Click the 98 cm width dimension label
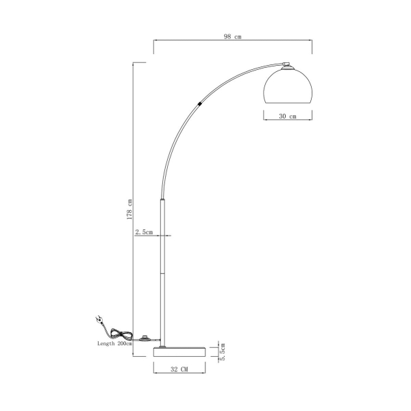[232, 38]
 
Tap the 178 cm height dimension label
[129, 209]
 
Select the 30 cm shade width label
[288, 116]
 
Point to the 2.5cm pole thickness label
[145, 232]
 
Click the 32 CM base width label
[179, 369]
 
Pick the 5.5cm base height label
[221, 351]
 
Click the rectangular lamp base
[179, 351]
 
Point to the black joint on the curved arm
[199, 103]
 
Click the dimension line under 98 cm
[232, 42]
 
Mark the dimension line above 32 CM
[179, 364]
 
